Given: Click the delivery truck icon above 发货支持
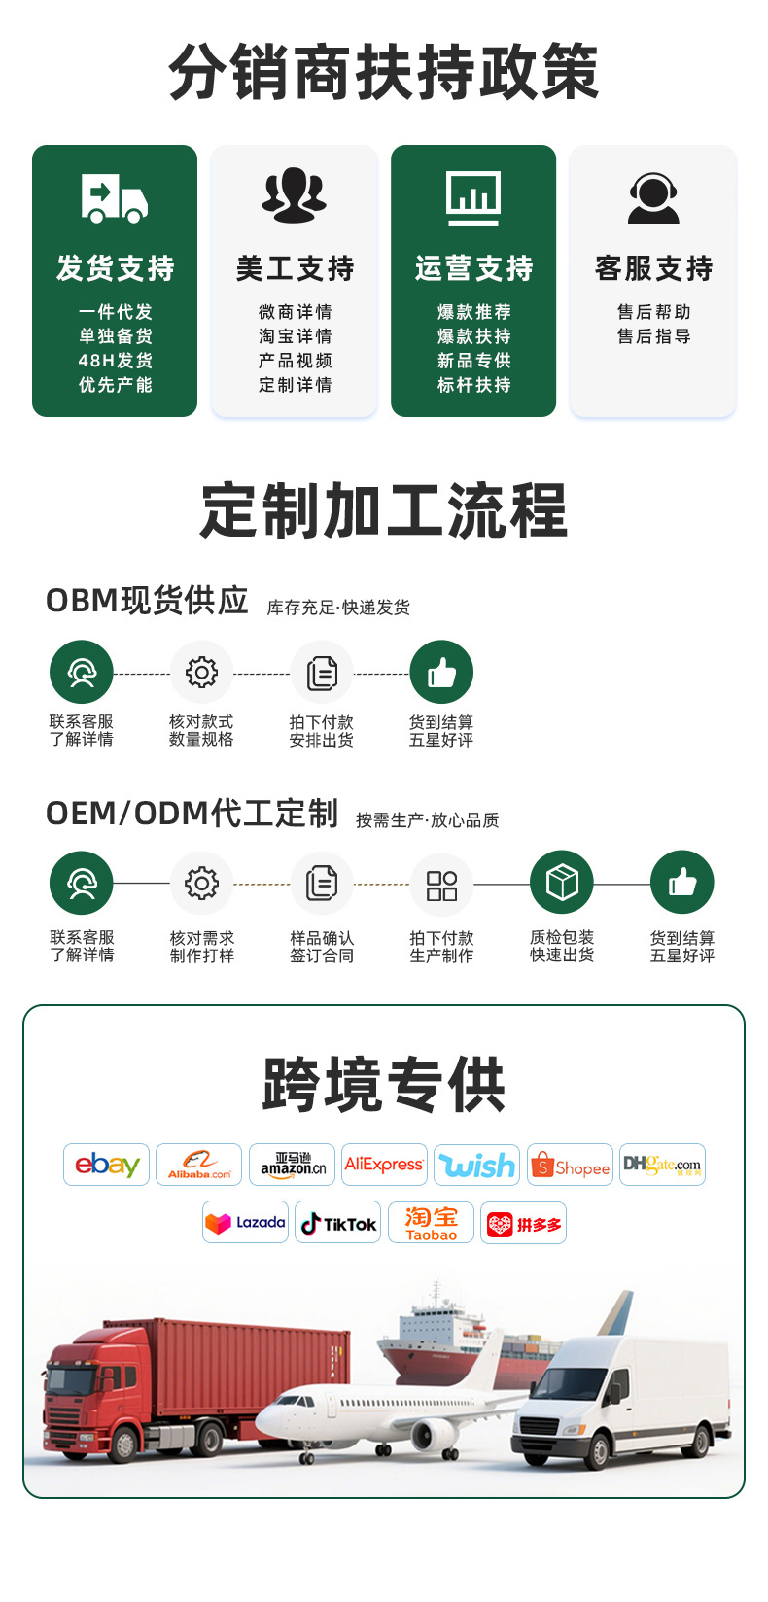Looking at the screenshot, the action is [115, 198].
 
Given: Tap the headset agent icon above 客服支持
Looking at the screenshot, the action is [653, 197].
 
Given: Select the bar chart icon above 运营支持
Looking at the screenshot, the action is [473, 197].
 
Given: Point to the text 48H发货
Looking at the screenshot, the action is [115, 360].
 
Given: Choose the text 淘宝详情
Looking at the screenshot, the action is [296, 335].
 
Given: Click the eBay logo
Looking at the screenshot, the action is [107, 1165].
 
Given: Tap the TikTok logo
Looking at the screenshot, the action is [337, 1223].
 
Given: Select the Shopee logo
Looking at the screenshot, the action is [570, 1165].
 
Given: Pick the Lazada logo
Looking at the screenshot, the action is [245, 1223].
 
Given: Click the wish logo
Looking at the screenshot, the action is [477, 1165].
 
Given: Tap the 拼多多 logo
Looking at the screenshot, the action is [523, 1223].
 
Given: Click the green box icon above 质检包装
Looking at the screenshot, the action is [562, 883].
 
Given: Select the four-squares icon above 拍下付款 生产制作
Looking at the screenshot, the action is [442, 884].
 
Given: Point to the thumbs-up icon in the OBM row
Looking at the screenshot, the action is [441, 673].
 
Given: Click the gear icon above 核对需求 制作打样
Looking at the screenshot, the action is [201, 884].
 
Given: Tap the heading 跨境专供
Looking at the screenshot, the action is [384, 1084].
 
